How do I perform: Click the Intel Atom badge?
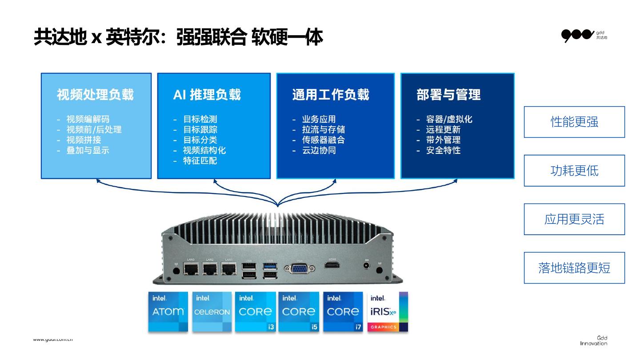click(x=168, y=312)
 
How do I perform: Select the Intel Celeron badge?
click(x=212, y=312)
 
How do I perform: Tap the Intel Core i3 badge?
click(x=255, y=312)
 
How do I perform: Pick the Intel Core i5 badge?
click(x=299, y=312)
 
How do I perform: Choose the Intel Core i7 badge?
click(x=343, y=312)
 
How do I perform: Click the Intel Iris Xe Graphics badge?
click(x=388, y=312)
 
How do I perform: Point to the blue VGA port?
click(x=300, y=268)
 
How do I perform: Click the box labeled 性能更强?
click(x=574, y=122)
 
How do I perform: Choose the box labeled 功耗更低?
click(x=574, y=171)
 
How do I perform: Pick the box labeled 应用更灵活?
click(x=574, y=219)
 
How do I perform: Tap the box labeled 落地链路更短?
click(x=574, y=268)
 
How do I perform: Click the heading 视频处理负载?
click(x=95, y=95)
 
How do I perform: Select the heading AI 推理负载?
click(x=207, y=95)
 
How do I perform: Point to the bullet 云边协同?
click(x=319, y=150)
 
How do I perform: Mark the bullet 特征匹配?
click(x=200, y=160)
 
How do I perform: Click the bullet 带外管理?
click(x=443, y=140)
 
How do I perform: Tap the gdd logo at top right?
click(x=584, y=35)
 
